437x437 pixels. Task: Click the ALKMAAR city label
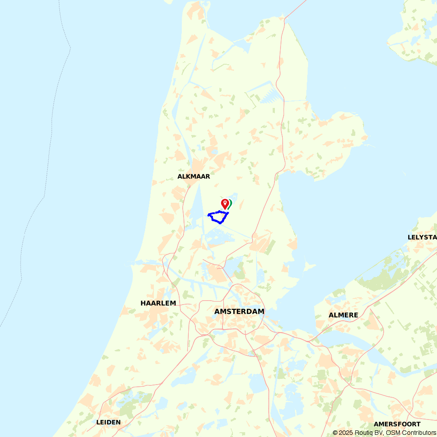tap(194, 177)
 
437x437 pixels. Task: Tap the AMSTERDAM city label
tap(239, 312)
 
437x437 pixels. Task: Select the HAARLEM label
tap(158, 303)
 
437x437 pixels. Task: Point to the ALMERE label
tap(343, 315)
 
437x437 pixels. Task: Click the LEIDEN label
tap(108, 422)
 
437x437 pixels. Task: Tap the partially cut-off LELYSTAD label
tap(422, 237)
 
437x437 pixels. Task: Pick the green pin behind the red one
tap(230, 203)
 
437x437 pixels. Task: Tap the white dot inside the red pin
tap(225, 202)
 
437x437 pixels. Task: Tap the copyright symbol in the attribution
tap(335, 433)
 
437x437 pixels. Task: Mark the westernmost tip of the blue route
tap(208, 215)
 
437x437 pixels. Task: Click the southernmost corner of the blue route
tap(221, 223)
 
